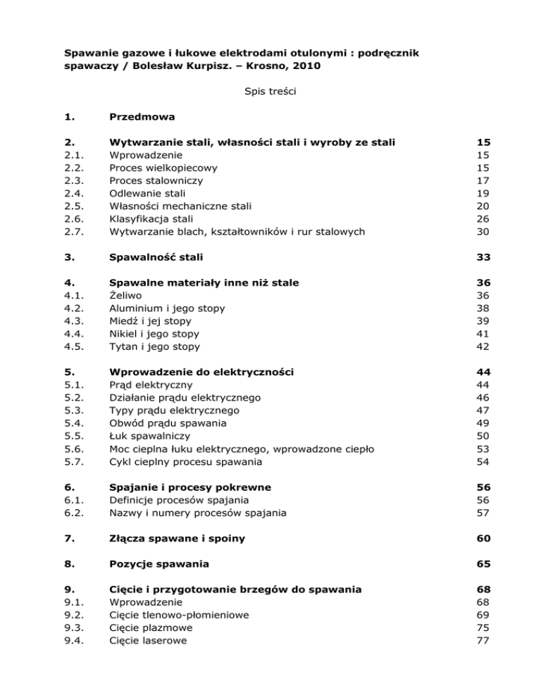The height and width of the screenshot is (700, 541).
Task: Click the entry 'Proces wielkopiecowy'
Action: tap(163, 168)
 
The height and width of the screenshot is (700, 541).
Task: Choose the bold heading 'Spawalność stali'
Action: tap(151, 258)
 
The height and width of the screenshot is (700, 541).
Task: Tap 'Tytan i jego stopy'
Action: tap(154, 346)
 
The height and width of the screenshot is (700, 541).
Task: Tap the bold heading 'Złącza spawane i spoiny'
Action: tap(172, 539)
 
